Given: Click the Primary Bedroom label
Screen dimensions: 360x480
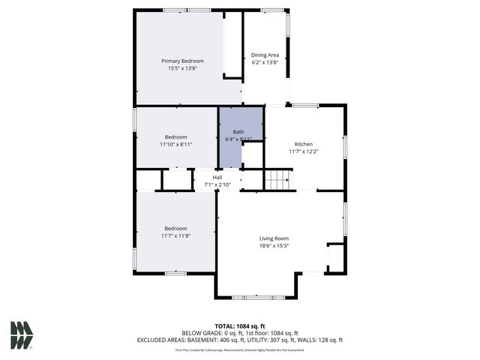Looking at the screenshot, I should click(182, 61).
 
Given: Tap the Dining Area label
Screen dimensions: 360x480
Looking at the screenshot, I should click(265, 55).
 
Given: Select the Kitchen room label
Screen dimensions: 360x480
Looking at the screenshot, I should click(303, 144).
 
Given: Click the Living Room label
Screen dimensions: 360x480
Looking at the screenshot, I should click(274, 238).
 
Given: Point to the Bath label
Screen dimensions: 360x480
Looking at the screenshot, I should click(238, 132).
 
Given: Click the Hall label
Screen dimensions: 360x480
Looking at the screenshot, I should click(217, 177).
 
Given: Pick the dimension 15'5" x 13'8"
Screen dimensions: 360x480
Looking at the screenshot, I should click(182, 68).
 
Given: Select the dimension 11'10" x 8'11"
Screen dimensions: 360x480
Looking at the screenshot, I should click(176, 144).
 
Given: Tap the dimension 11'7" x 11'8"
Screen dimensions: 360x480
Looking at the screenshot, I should click(175, 235).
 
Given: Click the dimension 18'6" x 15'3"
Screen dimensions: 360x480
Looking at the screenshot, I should click(274, 245).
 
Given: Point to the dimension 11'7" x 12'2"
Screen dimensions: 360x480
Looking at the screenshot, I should click(303, 151).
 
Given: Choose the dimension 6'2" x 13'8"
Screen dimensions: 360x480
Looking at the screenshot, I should click(265, 62).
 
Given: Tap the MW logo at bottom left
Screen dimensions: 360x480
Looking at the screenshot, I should click(21, 334).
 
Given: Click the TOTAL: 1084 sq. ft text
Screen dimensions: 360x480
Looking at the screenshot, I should click(239, 326).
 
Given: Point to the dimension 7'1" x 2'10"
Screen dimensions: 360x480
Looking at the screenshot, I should click(216, 184).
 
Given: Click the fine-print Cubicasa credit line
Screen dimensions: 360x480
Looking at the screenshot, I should click(239, 349).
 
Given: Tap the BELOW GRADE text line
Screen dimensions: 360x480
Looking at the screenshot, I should click(239, 333).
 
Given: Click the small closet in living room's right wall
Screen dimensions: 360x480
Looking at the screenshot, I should click(335, 257).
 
